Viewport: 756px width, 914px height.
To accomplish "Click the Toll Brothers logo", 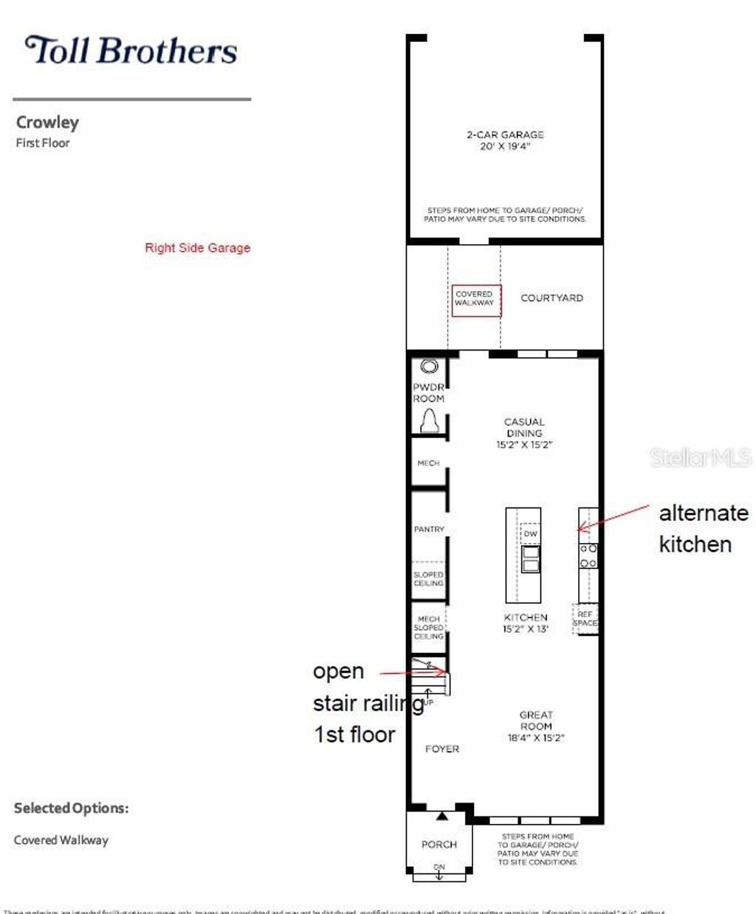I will pyautogui.click(x=131, y=51).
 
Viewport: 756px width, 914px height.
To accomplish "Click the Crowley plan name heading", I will pyautogui.click(x=47, y=122).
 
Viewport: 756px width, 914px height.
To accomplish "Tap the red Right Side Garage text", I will pyautogui.click(x=197, y=248).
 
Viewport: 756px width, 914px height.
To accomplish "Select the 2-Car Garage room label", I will pyautogui.click(x=505, y=140).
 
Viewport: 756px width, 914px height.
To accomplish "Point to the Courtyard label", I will pyautogui.click(x=551, y=298).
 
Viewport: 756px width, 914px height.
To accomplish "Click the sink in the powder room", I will pyautogui.click(x=429, y=366).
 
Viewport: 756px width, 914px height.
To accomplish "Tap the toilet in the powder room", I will pyautogui.click(x=430, y=422).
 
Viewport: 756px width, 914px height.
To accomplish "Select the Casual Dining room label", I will pyautogui.click(x=524, y=433).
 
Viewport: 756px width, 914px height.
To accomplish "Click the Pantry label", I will pyautogui.click(x=429, y=529).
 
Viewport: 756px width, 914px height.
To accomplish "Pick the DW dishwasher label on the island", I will pyautogui.click(x=530, y=533).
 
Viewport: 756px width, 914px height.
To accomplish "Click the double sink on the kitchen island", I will pyautogui.click(x=531, y=559).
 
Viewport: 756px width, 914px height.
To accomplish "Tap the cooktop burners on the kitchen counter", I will pyautogui.click(x=588, y=555).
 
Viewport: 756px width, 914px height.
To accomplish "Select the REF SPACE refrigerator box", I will pyautogui.click(x=585, y=619).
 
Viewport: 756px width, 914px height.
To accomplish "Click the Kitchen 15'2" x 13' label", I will pyautogui.click(x=526, y=623).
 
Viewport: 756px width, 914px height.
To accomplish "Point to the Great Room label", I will pyautogui.click(x=536, y=726).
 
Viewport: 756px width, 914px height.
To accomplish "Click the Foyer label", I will pyautogui.click(x=442, y=749).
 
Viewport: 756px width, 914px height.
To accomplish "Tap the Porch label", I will pyautogui.click(x=439, y=844).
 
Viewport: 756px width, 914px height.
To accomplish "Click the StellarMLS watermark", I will pyautogui.click(x=700, y=458).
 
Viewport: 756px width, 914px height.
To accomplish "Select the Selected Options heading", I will pyautogui.click(x=71, y=809).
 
